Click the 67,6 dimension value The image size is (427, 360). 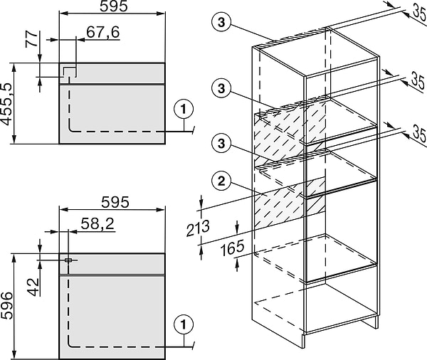coord(103,33)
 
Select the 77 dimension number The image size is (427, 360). coord(31,39)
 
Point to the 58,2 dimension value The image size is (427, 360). coord(97,224)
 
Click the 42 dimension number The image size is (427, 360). coord(33,287)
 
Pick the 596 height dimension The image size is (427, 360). coord(7,305)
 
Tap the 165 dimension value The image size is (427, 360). coord(232,248)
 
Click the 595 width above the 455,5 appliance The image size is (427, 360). coord(114,6)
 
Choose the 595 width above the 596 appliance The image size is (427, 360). coord(115,203)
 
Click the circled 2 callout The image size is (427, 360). coord(221,181)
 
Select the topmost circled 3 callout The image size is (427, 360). coord(221,22)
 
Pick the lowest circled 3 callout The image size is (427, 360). coord(221,143)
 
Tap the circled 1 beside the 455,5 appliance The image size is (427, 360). coord(184,110)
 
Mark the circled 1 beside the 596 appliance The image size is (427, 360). coord(184,324)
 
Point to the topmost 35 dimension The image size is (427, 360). coord(420,13)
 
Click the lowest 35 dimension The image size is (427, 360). coord(419,133)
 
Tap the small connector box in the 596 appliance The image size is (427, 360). coord(68,260)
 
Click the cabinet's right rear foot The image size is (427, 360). coord(372,322)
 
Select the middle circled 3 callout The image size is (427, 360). coord(221,88)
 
